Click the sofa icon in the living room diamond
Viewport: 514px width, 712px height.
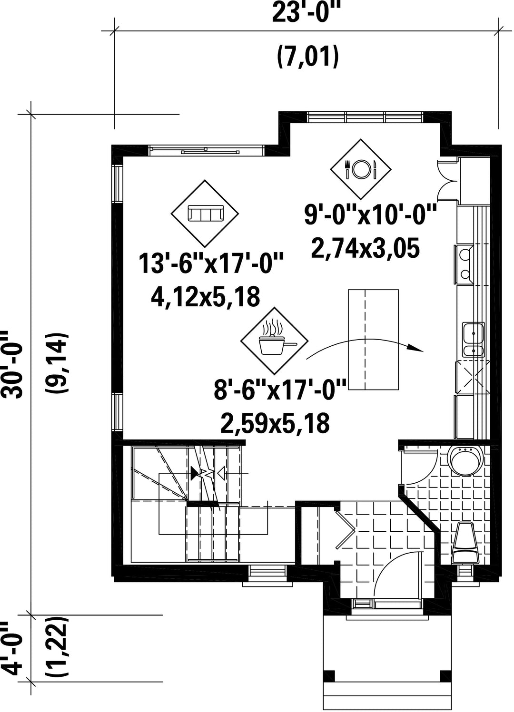[x=205, y=213]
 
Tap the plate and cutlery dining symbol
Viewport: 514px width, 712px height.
[x=361, y=169]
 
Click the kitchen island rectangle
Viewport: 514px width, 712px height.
[x=374, y=339]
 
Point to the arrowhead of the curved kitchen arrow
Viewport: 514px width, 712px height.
[x=420, y=350]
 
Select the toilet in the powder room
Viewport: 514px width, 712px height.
[x=465, y=543]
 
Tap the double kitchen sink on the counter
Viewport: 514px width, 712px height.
[x=473, y=341]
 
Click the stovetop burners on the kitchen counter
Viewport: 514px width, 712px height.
[x=465, y=263]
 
